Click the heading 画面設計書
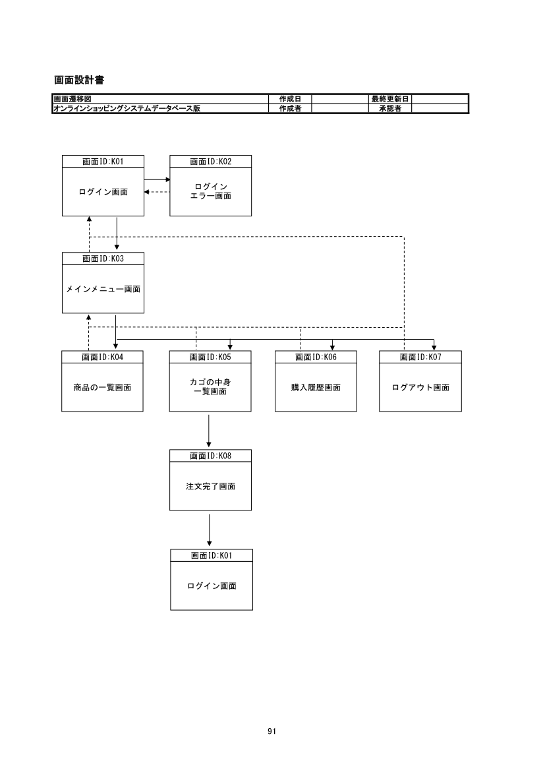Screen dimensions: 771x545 coord(79,80)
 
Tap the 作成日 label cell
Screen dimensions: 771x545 coord(291,99)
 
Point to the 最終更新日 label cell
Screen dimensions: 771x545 coord(390,99)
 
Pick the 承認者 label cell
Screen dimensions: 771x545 coord(390,108)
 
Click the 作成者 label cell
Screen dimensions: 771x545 coord(291,108)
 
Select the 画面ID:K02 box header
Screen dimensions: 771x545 coord(211,161)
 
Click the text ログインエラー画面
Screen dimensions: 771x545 coord(211,191)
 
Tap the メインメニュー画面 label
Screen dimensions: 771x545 coord(103,289)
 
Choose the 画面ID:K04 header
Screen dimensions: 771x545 coord(103,357)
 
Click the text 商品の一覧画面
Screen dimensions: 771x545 coord(102,387)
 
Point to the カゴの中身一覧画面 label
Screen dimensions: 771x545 coord(210,386)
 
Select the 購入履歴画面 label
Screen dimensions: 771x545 coord(316,387)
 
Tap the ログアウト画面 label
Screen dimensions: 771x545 coord(420,387)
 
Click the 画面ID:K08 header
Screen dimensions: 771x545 coord(211,455)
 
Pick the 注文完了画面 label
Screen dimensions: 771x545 coord(211,487)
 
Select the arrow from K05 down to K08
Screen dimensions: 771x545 coord(209,431)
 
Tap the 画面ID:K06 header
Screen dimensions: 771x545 coord(316,357)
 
